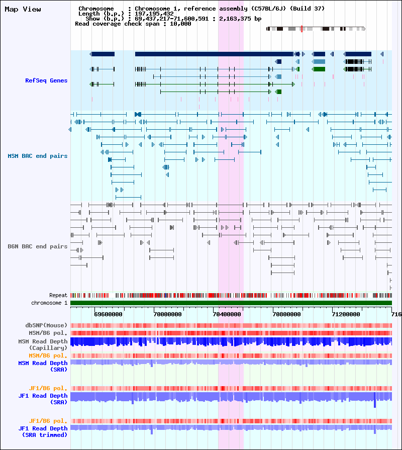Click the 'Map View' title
click(x=23, y=9)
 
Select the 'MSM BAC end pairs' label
click(x=38, y=156)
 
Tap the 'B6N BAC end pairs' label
click(x=38, y=246)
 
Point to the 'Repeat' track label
click(x=58, y=295)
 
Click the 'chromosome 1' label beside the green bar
click(x=49, y=303)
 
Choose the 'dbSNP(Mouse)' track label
click(x=47, y=325)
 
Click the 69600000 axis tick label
click(x=109, y=314)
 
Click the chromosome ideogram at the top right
click(x=316, y=29)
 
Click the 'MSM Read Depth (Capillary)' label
click(x=43, y=344)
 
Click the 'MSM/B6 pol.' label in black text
click(x=48, y=333)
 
